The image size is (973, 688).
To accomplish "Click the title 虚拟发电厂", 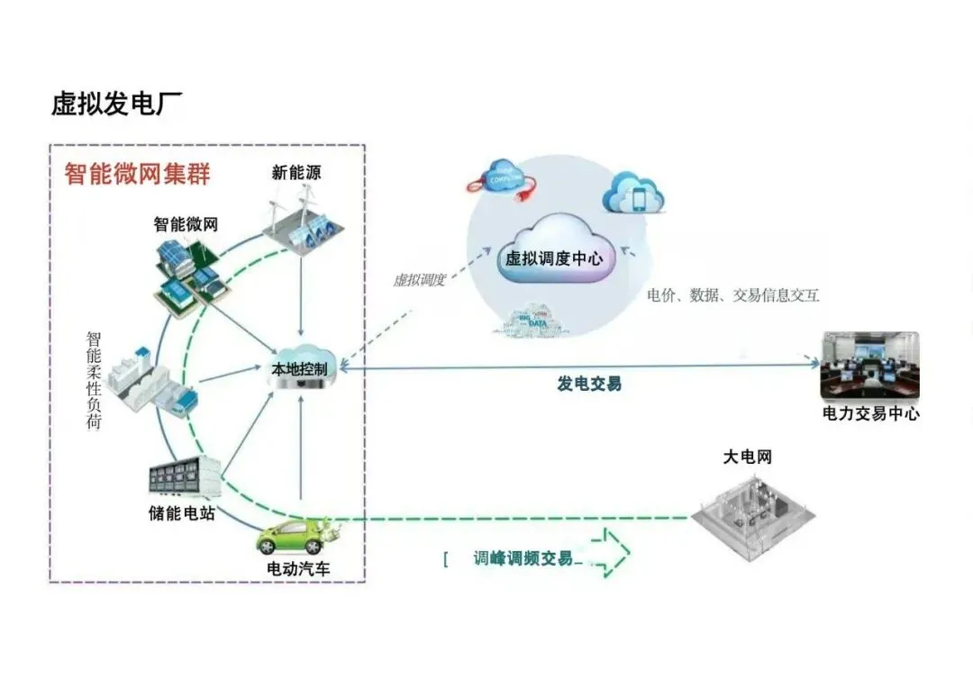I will tap(116, 104).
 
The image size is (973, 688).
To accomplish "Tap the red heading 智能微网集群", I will tap(137, 174).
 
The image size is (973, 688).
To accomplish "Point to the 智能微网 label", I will tap(186, 224).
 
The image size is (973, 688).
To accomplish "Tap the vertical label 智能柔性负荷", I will tap(94, 380).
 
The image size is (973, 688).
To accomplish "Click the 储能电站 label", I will tap(182, 514).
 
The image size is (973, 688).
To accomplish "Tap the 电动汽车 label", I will tap(298, 569).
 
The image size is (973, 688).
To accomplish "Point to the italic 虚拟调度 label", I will tap(419, 280).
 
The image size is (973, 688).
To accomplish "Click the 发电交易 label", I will tap(588, 385).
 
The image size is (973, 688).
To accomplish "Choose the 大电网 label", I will tap(747, 457).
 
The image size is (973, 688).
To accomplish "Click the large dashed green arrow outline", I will tap(605, 552).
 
